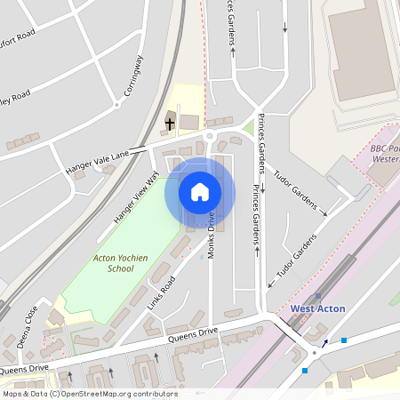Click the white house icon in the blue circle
200,191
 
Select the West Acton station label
317,308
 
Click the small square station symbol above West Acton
318,296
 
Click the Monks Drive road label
212,235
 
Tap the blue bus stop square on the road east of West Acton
344,340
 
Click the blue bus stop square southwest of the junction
305,370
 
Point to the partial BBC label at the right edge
383,156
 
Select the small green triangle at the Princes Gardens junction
249,128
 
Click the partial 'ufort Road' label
17,38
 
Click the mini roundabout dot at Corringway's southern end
116,105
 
